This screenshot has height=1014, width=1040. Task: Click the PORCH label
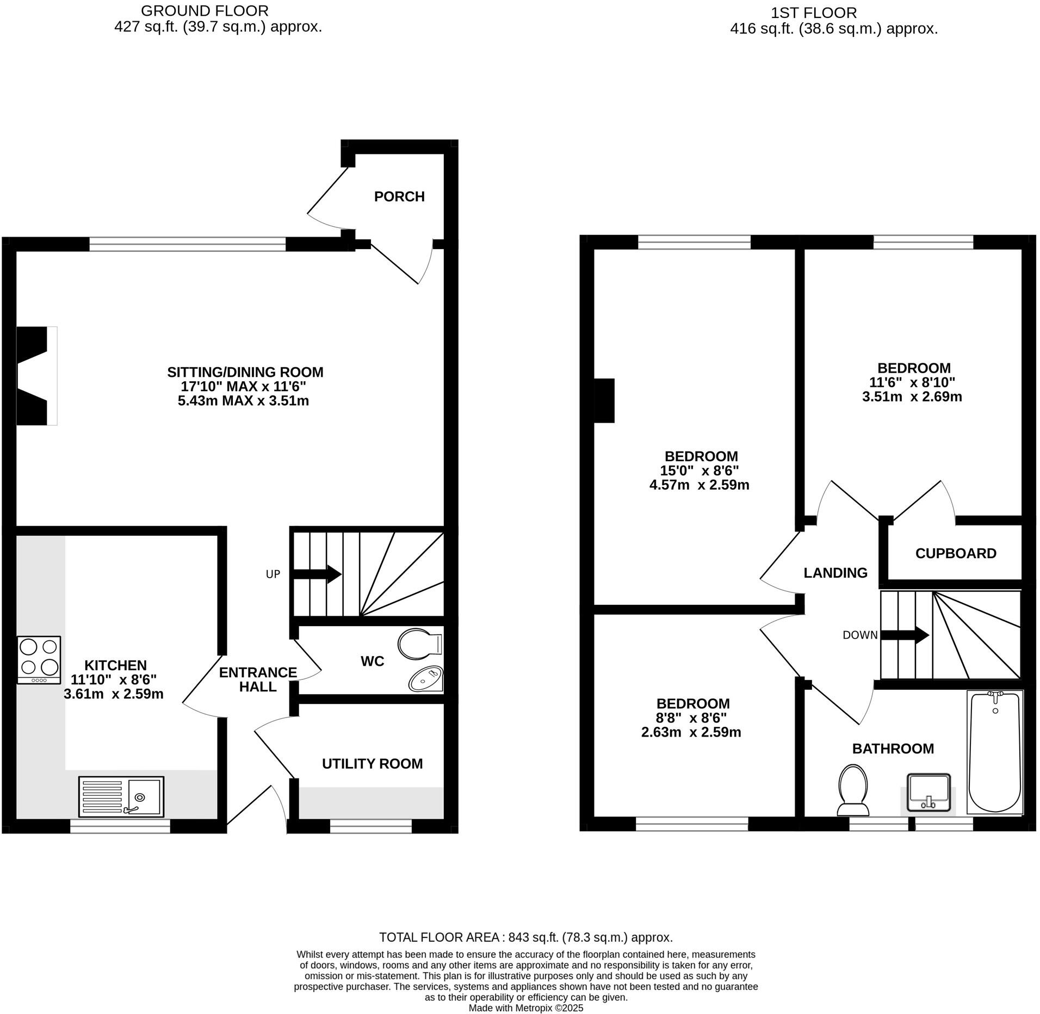399,196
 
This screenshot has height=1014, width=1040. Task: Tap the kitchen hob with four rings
39,659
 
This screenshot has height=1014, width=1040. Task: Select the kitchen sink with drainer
121,796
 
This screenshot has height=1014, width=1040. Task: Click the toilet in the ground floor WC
419,644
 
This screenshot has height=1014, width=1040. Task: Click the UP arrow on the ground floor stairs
317,574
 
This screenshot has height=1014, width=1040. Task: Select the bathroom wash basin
928,793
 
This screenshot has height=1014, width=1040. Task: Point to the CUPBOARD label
956,553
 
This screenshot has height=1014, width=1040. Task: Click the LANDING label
835,572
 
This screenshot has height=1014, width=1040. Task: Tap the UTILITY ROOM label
372,764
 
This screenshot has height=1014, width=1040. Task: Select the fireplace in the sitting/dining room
36,375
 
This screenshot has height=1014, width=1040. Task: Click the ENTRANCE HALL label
258,679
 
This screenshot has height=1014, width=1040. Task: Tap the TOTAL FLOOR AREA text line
525,937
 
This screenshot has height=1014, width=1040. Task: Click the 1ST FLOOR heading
813,13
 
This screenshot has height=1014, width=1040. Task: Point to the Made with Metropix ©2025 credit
525,1008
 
